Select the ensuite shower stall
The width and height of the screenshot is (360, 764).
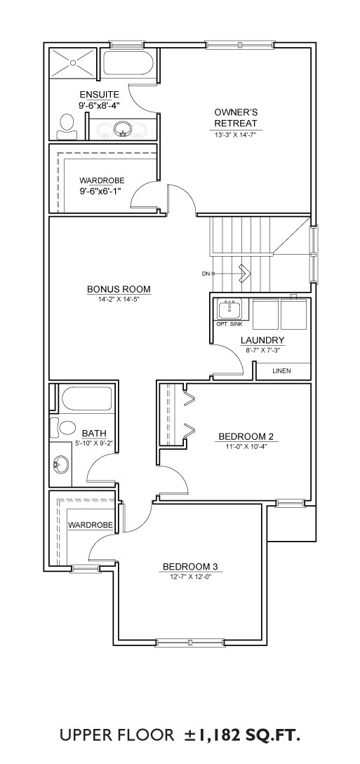point(73,62)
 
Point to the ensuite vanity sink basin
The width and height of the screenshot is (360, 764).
point(122,128)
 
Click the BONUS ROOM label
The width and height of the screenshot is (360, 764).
point(119,290)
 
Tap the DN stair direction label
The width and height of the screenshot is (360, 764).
point(205,274)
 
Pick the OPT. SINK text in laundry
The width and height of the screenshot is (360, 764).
point(229,324)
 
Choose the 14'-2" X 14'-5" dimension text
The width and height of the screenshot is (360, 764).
point(119,299)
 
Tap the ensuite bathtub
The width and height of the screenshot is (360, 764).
point(128,62)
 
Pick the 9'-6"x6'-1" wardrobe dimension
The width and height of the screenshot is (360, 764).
point(100,191)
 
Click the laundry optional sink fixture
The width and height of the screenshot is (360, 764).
point(229,309)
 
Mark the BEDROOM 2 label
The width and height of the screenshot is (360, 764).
point(242,436)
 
